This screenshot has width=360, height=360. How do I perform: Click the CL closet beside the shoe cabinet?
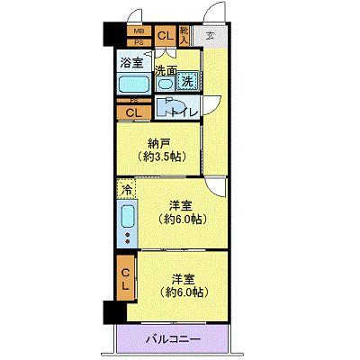(165, 36)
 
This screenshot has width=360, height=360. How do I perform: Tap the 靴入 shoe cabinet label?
(184, 36)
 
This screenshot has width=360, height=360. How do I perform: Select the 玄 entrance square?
(210, 36)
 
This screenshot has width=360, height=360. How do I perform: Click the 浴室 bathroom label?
(131, 62)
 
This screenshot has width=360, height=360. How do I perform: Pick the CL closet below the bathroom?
(133, 112)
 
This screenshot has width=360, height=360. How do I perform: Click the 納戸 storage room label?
(158, 143)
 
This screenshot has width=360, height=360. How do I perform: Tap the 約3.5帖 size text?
(162, 157)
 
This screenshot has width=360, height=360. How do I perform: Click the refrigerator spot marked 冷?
(127, 189)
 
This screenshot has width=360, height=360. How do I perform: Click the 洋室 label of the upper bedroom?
(182, 205)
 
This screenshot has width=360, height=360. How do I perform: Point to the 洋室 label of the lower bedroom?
(182, 278)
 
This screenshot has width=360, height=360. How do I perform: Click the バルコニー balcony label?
(173, 339)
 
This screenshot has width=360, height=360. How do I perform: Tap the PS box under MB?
(139, 42)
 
